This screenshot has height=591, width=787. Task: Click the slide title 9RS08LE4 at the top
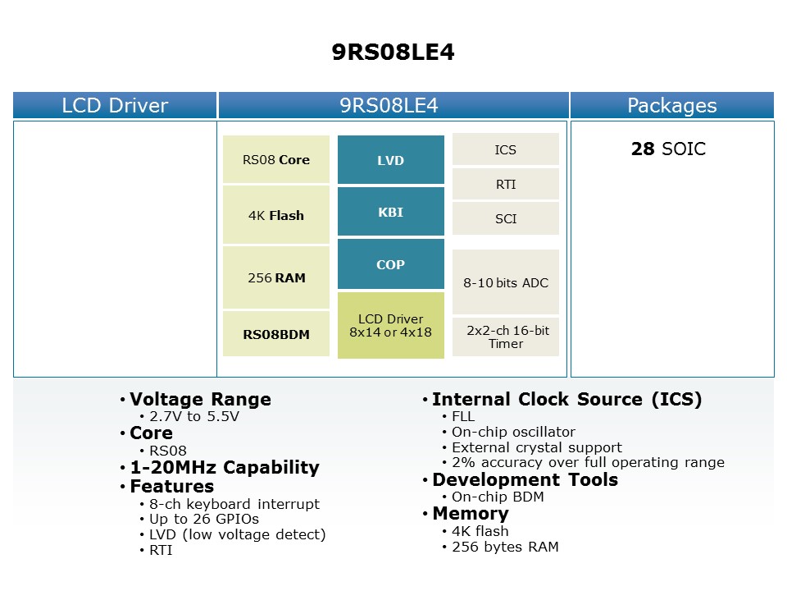(x=393, y=53)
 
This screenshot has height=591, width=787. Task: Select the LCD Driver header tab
(x=115, y=105)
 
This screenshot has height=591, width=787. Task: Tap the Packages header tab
(x=671, y=105)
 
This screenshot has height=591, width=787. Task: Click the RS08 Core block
(x=276, y=160)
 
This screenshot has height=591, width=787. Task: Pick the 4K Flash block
(x=276, y=216)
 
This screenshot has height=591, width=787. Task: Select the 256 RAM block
(x=276, y=278)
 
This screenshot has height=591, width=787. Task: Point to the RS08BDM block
(x=276, y=334)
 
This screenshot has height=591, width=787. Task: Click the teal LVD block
(x=391, y=160)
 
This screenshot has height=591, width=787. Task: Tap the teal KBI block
(x=391, y=213)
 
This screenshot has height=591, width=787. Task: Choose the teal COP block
(x=391, y=265)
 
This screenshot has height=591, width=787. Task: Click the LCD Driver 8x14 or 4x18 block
(x=391, y=326)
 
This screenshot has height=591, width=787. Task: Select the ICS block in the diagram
(x=506, y=150)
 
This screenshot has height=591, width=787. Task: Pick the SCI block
(x=506, y=219)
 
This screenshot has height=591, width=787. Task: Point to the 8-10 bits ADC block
(x=506, y=283)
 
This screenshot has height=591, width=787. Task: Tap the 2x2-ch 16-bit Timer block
(x=506, y=337)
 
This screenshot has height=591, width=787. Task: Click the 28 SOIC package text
(x=668, y=149)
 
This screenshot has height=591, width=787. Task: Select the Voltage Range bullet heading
(x=200, y=400)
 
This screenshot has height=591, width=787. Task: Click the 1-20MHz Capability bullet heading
(x=225, y=468)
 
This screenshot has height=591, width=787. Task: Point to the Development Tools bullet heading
(x=525, y=480)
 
